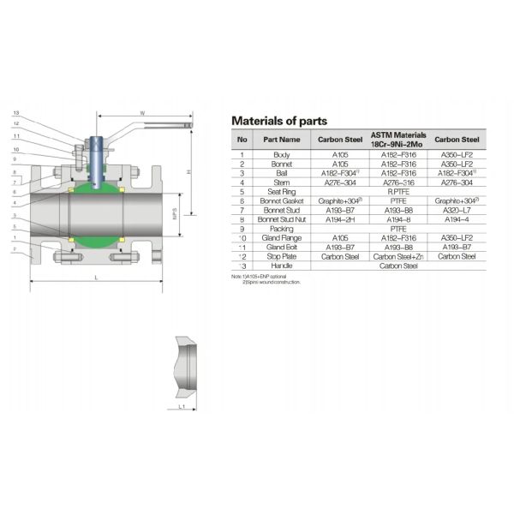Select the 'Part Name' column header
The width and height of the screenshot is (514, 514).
click(281, 139)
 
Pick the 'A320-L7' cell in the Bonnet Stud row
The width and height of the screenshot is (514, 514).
click(456, 209)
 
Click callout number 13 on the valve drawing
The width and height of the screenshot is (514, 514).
click(15, 113)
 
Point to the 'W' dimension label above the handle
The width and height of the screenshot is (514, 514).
click(142, 111)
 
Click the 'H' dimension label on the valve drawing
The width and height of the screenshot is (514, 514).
click(188, 171)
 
